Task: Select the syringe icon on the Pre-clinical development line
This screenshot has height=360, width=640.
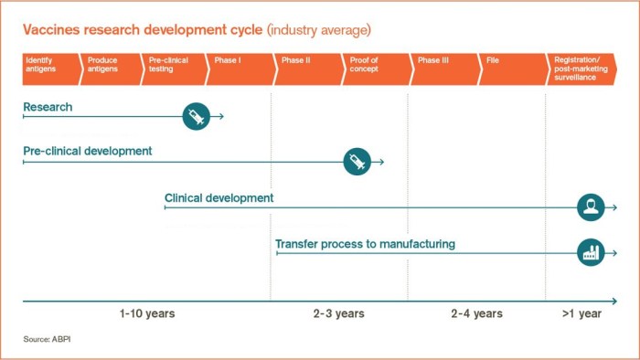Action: (x=357, y=162)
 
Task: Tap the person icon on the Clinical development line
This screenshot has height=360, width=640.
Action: (x=591, y=207)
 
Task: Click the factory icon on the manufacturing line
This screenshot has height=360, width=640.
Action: (x=591, y=252)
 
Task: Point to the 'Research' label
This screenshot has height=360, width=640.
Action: (x=48, y=107)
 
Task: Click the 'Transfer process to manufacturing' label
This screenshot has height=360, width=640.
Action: (x=366, y=244)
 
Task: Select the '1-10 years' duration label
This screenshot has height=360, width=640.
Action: (x=147, y=313)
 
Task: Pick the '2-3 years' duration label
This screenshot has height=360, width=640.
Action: (x=339, y=313)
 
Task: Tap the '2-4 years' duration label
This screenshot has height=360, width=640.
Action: (x=476, y=313)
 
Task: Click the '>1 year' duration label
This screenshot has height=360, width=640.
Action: (x=581, y=313)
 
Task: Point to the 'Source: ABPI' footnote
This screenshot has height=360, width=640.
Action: (x=49, y=340)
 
